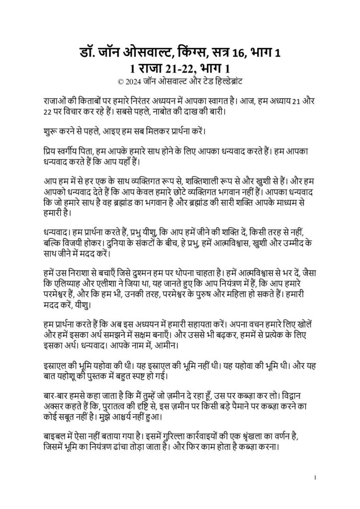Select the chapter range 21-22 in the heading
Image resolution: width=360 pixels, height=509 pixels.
coord(181,67)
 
